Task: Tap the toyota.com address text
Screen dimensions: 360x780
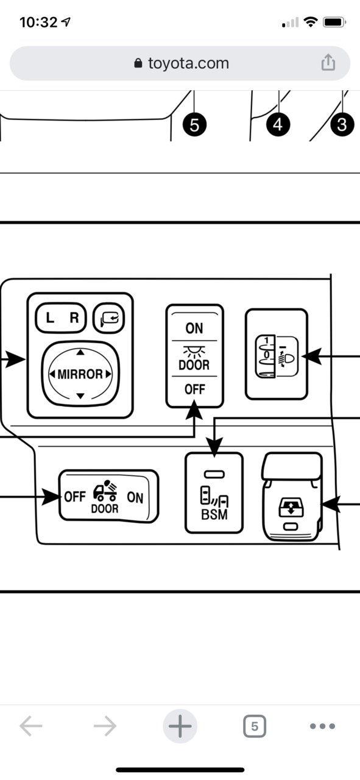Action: point(188,63)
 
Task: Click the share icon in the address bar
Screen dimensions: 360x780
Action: point(328,63)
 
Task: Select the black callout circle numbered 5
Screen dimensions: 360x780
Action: point(194,125)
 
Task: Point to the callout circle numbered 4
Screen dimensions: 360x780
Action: point(278,124)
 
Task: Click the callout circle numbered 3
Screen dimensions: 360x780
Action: point(342,125)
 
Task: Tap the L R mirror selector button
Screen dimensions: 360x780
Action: point(61,317)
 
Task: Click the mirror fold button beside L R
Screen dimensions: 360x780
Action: point(108,318)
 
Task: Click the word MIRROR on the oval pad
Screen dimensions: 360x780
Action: point(80,374)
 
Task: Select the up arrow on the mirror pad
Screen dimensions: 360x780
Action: point(80,353)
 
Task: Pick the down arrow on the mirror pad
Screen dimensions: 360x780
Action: point(80,395)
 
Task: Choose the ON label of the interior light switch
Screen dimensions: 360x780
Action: point(194,328)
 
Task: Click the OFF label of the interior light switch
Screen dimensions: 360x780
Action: point(195,389)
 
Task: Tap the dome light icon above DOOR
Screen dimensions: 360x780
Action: point(194,352)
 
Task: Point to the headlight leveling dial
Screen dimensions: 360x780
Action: point(266,356)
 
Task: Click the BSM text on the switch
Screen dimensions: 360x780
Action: point(214,514)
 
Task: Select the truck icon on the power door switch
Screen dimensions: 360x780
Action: point(105,491)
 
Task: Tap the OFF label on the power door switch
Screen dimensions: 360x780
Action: point(75,497)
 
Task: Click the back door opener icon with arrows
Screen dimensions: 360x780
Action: point(291,506)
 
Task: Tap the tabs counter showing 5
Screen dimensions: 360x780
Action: point(255,726)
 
